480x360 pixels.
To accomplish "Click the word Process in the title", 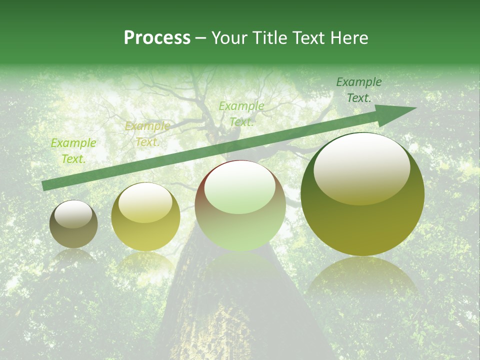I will coord(157,38).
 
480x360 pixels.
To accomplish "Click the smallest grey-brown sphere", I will coord(73,224).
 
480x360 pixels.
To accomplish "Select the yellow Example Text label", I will coord(147,134).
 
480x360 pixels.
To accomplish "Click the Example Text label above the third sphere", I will coord(241,114).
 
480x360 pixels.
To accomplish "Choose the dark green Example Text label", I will coord(359,90).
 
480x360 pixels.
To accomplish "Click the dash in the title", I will coord(201,38).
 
